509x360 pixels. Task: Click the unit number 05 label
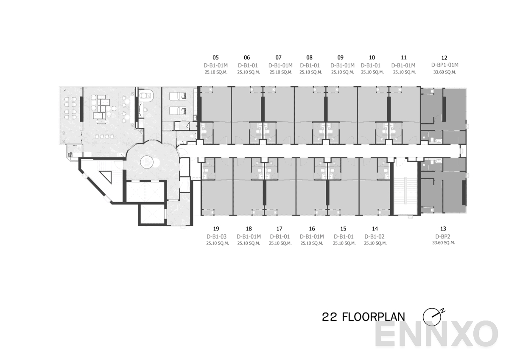coord(215,57)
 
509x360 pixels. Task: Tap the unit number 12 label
coord(445,57)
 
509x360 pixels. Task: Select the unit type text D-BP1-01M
coord(445,65)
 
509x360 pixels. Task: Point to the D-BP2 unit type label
coord(443,236)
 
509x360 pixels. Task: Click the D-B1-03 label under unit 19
coord(216,236)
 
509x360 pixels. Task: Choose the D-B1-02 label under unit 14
coord(375,236)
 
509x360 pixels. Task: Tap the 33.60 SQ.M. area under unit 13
coord(443,243)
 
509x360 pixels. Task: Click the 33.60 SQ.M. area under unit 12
coord(445,72)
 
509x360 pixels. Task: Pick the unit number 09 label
coord(340,57)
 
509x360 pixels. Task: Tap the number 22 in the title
coord(329,317)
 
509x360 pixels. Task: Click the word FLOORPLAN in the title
coord(373,317)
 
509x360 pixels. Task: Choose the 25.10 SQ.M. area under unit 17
coord(280,243)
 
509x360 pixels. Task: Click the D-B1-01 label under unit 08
coord(310,65)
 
